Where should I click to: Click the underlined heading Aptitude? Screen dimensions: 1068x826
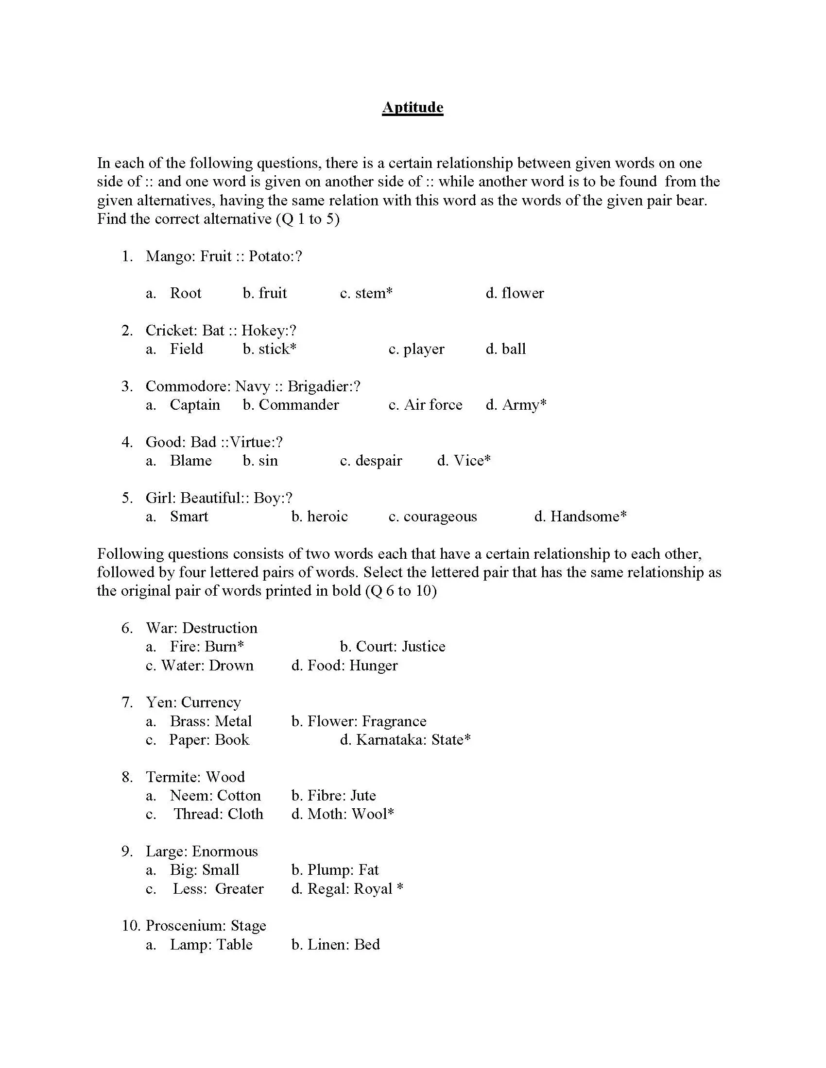[x=413, y=107]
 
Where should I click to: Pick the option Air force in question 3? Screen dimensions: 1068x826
[x=432, y=404]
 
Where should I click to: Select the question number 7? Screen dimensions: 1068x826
[x=127, y=702]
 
